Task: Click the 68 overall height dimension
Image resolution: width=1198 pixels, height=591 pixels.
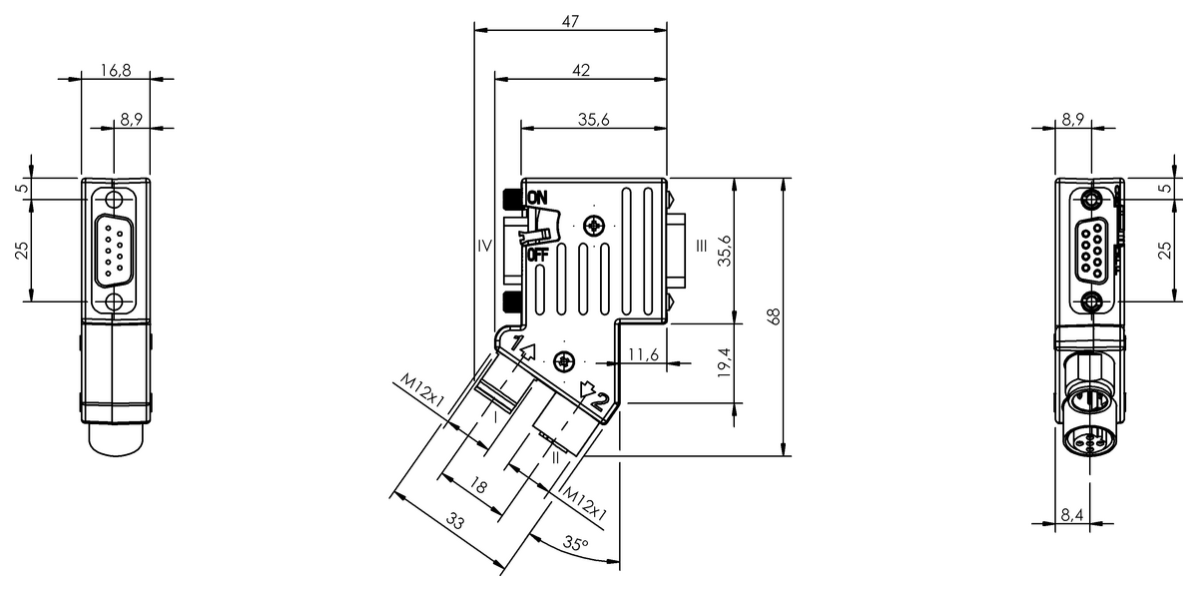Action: click(773, 316)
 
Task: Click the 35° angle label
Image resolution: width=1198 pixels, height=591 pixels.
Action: click(575, 544)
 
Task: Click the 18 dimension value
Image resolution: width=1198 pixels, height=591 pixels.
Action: click(479, 487)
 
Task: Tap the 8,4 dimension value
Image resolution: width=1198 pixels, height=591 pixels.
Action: click(1073, 514)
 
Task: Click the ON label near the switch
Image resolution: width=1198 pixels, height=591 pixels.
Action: click(537, 198)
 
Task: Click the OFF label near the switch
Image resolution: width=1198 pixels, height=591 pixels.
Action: click(537, 254)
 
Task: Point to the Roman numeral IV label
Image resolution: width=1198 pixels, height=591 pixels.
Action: click(484, 245)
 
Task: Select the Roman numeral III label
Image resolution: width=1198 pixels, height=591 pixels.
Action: click(702, 245)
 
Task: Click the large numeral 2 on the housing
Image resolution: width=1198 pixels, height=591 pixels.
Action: click(597, 401)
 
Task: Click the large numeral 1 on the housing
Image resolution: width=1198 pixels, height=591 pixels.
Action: click(517, 344)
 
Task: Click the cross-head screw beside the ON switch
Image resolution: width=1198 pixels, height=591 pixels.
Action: click(596, 225)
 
